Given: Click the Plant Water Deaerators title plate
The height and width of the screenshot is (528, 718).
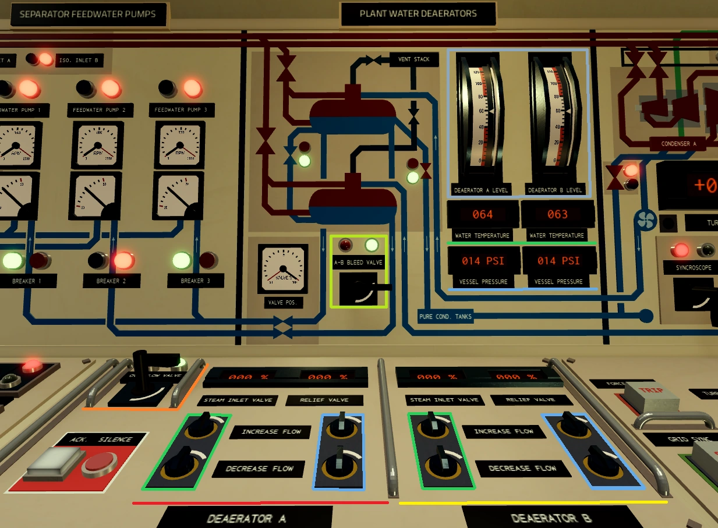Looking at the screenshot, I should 418,14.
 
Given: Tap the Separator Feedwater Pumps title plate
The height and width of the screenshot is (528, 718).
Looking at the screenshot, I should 87,14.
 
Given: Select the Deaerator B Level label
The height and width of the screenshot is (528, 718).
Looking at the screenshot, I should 554,190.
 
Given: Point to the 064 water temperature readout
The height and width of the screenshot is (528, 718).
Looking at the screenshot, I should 482,214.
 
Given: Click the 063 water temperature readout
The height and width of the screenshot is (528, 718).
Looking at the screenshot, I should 557,214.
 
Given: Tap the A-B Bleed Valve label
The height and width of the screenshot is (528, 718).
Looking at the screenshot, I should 358,263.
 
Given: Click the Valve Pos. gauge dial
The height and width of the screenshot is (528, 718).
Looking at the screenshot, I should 282,269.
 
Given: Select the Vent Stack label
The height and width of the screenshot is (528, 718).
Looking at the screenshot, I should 413,59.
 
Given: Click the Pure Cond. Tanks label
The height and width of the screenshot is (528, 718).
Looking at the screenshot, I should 445,317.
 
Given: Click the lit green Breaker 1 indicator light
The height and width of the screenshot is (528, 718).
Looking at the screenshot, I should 12,260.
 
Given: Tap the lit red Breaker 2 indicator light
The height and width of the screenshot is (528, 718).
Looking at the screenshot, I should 123,260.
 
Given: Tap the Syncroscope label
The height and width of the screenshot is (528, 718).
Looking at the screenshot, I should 690,268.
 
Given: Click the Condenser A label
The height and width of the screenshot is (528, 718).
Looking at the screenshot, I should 678,144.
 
